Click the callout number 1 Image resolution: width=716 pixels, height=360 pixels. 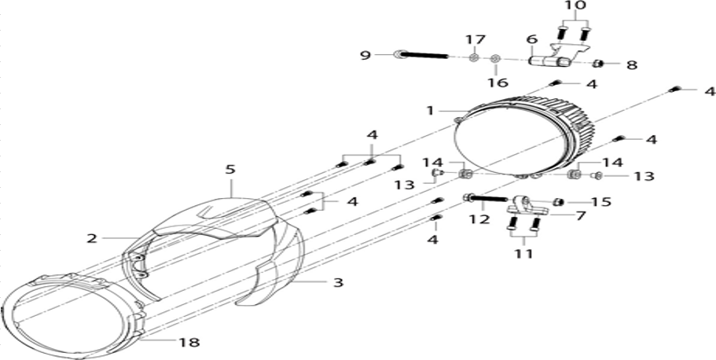pos(430,111)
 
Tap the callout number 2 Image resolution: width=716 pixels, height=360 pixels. pos(92,238)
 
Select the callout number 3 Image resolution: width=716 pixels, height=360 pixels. pos(337,282)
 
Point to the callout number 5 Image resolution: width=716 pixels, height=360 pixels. pos(230,169)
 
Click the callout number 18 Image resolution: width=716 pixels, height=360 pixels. pos(190,342)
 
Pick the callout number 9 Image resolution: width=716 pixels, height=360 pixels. pos(365,55)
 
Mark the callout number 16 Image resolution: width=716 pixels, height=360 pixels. pos(498,83)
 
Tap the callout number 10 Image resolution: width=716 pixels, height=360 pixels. pos(575,7)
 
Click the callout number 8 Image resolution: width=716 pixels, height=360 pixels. pos(632,65)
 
